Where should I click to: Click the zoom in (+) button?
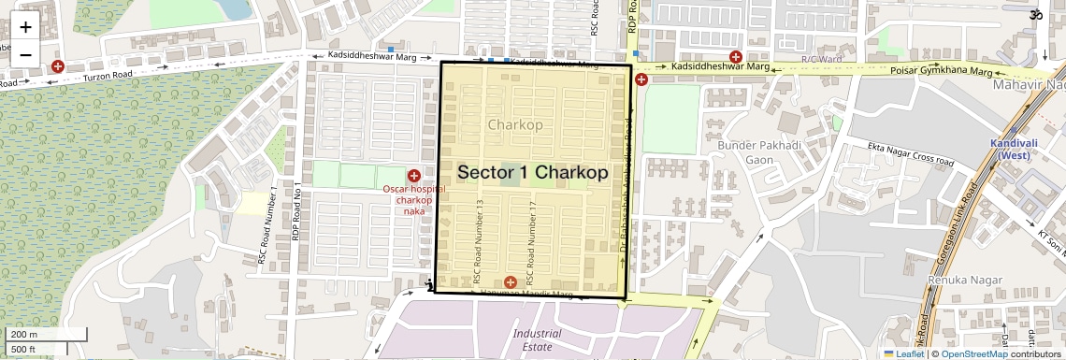tap(25, 27)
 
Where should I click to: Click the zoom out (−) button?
tap(25, 54)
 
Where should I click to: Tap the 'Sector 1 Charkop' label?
tap(532, 173)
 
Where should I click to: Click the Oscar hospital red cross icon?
tap(413, 176)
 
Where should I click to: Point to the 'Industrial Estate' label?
tap(537, 339)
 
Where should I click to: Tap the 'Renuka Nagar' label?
tap(959, 280)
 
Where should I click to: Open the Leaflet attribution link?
tap(903, 353)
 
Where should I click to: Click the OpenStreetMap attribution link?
tap(973, 353)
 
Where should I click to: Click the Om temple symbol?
tap(1035, 14)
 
